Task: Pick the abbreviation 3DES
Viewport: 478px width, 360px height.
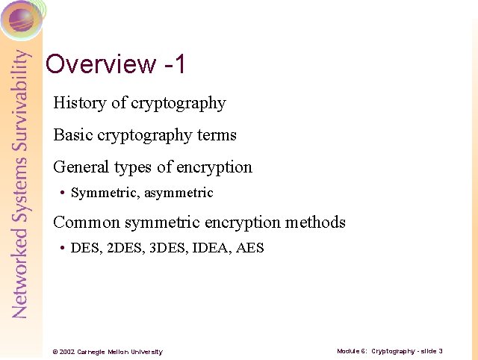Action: (167, 248)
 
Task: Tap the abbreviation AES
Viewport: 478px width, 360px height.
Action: (249, 248)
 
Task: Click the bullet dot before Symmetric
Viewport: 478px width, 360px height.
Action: (62, 193)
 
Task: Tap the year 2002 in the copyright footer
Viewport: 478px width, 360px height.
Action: (66, 352)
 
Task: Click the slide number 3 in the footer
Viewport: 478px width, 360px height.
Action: (441, 351)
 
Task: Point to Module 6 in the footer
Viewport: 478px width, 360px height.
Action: (351, 351)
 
